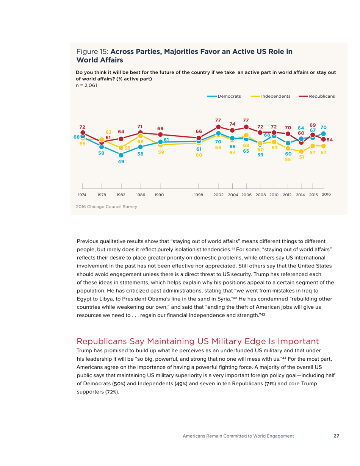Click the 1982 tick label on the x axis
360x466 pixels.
[x=121, y=194]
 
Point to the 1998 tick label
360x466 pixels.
[x=199, y=194]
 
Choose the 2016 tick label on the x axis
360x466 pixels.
[x=326, y=194]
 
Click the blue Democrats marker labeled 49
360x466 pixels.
[x=121, y=155]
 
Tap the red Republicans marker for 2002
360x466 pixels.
[x=218, y=127]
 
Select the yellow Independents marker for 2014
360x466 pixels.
[x=301, y=151]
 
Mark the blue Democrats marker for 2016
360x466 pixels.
[x=324, y=134]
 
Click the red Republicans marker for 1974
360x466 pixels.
[x=82, y=133]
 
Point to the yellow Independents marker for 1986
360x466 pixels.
[x=141, y=135]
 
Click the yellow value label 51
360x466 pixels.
[x=302, y=157]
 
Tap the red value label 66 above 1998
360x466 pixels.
[x=199, y=131]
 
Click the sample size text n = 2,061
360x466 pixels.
[x=86, y=85]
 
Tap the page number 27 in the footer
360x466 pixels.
[x=336, y=436]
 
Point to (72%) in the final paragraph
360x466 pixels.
[x=112, y=392]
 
